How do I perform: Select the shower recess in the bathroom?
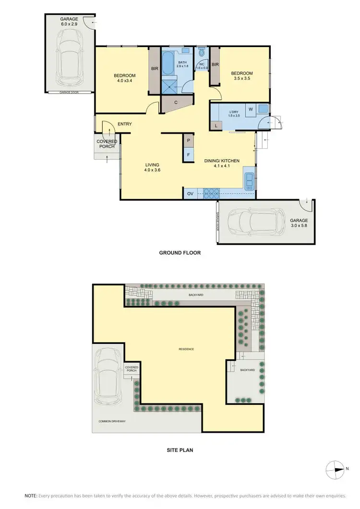click(168, 84)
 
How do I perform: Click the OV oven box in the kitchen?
click(190, 193)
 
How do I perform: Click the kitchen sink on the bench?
click(250, 181)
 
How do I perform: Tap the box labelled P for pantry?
click(188, 141)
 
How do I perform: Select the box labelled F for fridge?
click(188, 155)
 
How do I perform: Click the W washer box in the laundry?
click(250, 109)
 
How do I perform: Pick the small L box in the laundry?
click(216, 125)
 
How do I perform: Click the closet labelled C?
click(176, 102)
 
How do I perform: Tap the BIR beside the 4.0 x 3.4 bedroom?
click(155, 69)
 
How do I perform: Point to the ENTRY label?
click(124, 124)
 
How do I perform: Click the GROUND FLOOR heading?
click(180, 253)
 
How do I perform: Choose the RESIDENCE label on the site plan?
click(186, 349)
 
